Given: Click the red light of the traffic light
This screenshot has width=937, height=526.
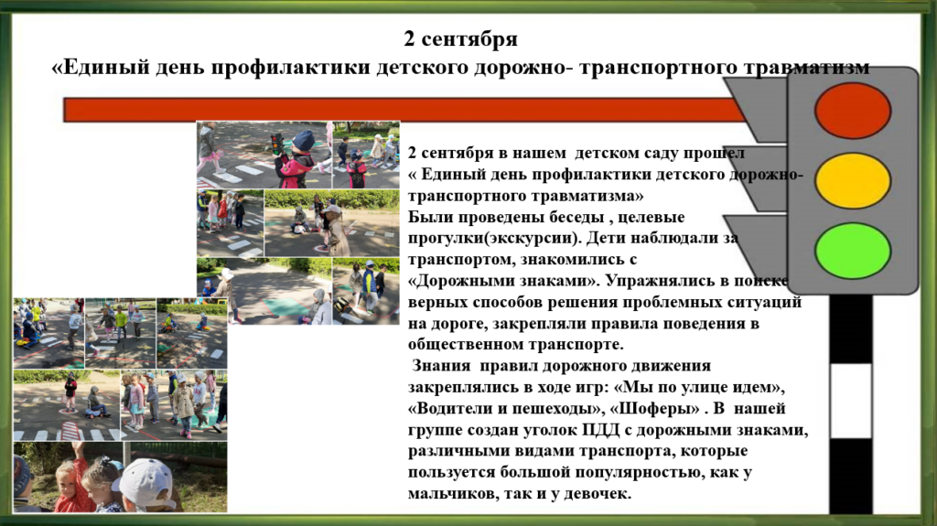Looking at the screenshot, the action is tap(853, 112).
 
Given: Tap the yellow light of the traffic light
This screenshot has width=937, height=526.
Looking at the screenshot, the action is tap(853, 181).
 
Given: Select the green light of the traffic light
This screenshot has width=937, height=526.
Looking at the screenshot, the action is tap(853, 251).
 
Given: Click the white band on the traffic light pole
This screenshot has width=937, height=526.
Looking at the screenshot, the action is tap(850, 401).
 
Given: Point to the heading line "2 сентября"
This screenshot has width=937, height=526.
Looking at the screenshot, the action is tap(460, 38).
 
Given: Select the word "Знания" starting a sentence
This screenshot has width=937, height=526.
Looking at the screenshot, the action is tap(443, 366).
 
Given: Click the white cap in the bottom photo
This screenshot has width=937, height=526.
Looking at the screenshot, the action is tap(145, 481).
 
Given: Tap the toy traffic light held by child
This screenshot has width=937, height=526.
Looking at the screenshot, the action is tap(277, 144).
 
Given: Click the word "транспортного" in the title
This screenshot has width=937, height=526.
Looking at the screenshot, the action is tap(658, 67).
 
